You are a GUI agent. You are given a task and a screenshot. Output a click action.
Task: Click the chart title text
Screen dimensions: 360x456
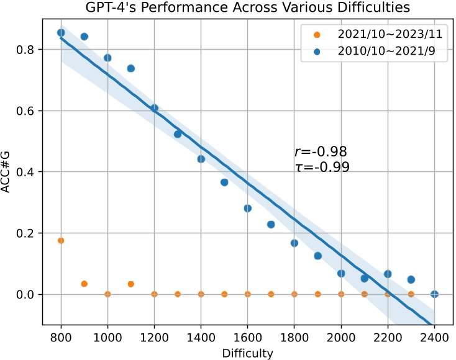tap(247, 7)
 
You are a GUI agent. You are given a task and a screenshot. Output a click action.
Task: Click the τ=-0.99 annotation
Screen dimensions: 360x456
tap(322, 167)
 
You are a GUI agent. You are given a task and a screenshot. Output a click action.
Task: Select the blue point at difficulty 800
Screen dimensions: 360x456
tap(61, 33)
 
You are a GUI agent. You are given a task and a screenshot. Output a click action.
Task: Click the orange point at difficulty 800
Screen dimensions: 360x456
tap(61, 240)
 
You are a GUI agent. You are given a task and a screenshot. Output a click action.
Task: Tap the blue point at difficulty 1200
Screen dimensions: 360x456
tap(154, 108)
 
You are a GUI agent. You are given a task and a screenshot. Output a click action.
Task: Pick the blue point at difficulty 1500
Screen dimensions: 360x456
tap(224, 182)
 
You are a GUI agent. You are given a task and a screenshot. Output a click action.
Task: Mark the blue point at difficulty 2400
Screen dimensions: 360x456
tap(434, 294)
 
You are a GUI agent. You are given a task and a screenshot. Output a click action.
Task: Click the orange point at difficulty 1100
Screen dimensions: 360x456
tap(131, 284)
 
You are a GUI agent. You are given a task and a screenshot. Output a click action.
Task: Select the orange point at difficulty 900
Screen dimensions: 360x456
tap(84, 284)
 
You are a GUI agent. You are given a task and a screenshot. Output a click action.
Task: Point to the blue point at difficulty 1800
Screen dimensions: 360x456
tap(294, 243)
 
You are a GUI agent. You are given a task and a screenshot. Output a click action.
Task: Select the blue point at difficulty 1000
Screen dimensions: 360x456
tap(107, 58)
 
